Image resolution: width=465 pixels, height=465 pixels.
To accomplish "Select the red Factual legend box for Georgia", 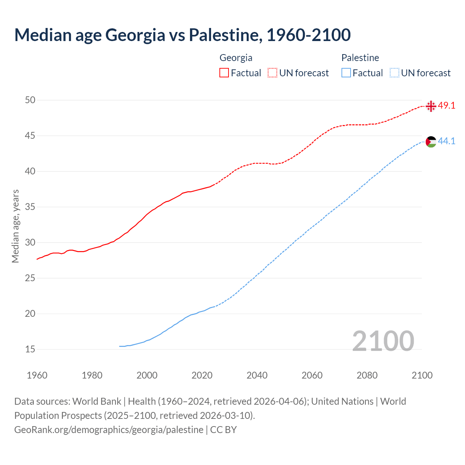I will point(224,73).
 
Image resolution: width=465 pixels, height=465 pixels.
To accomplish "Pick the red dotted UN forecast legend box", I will point(272,73).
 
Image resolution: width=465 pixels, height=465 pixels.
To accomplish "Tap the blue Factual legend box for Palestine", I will point(346,73).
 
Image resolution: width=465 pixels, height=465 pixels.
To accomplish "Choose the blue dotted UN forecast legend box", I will point(395,73).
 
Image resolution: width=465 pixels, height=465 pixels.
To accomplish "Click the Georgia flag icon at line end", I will point(431,106).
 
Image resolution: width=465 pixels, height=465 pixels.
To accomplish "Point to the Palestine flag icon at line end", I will point(431,142).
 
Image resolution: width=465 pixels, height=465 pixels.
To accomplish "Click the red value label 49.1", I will point(446,106).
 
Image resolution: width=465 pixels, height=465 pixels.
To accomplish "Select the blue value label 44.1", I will point(446,141).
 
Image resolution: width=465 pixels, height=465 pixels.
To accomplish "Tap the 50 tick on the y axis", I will point(30,100).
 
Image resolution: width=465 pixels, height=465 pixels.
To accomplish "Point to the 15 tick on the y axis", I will point(30,349).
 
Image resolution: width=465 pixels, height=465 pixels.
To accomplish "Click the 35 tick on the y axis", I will point(30,207).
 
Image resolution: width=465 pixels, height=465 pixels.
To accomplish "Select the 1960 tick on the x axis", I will point(37,375).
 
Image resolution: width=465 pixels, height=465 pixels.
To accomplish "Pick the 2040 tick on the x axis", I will point(257,375).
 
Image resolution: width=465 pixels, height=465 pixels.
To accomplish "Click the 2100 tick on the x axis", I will point(422,375).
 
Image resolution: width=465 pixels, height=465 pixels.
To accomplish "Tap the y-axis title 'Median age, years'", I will point(16,226).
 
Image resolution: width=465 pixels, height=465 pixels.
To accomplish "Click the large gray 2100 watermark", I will point(383,341).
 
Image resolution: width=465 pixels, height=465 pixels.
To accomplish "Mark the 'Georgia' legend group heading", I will point(236,58).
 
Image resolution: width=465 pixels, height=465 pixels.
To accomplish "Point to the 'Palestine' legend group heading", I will point(360,58).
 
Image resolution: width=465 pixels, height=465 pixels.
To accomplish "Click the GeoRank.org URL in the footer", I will point(109,430).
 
